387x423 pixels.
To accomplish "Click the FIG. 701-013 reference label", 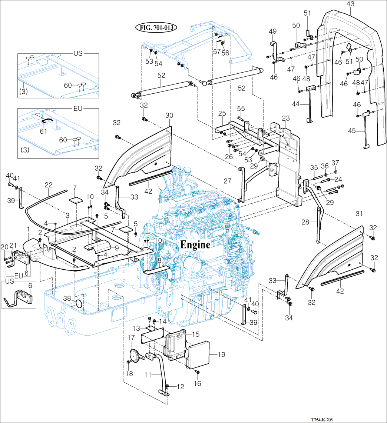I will click(156, 27).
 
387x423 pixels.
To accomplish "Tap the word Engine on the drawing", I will click(195, 244).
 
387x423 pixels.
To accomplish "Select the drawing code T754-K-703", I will click(322, 419).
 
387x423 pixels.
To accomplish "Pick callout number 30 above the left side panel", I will click(169, 116).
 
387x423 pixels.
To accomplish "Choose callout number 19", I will click(221, 355).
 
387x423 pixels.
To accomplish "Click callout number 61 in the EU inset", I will click(44, 131).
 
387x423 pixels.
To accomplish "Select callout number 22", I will click(49, 184).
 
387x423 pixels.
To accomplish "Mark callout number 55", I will click(241, 109).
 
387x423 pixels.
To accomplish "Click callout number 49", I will click(272, 31).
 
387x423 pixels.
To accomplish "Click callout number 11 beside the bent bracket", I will click(148, 374).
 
